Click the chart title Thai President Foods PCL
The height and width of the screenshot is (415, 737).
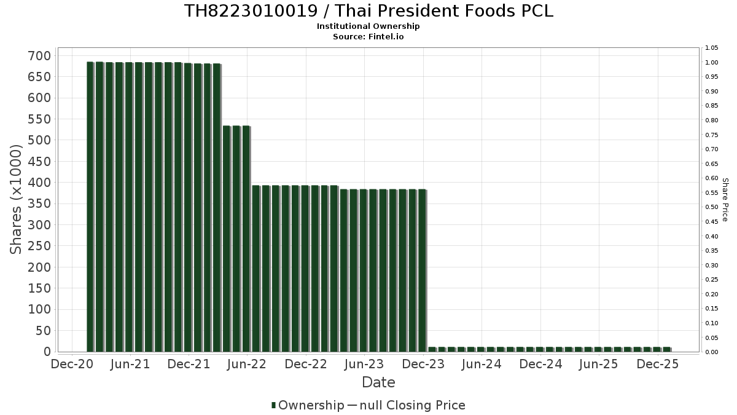pyautogui.click(x=368, y=11)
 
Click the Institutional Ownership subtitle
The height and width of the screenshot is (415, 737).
pyautogui.click(x=368, y=26)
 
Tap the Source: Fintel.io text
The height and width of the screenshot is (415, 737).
pyautogui.click(x=368, y=36)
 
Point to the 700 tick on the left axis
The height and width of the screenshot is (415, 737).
pyautogui.click(x=39, y=56)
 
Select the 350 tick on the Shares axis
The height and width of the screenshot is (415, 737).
pyautogui.click(x=39, y=204)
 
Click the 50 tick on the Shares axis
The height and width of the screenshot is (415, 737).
pyautogui.click(x=42, y=331)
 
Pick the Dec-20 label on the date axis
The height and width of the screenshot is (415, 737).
pyautogui.click(x=72, y=364)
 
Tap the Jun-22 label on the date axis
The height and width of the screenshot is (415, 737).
pyautogui.click(x=247, y=364)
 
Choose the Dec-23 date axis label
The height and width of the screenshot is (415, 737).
pyautogui.click(x=423, y=364)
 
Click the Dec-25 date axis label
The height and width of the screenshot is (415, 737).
pyautogui.click(x=658, y=364)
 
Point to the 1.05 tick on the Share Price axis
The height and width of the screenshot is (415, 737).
pyautogui.click(x=712, y=48)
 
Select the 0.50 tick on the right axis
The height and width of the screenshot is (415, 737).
pyautogui.click(x=712, y=207)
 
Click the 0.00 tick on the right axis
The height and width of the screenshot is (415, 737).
pyautogui.click(x=712, y=352)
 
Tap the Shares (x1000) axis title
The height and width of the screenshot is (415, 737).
pyautogui.click(x=17, y=199)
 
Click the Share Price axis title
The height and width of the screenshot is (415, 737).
pyautogui.click(x=725, y=199)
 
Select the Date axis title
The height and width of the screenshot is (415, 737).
pyautogui.click(x=378, y=382)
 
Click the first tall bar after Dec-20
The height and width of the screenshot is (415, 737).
pyautogui.click(x=90, y=207)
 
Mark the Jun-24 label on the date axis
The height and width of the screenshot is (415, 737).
pyautogui.click(x=482, y=364)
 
